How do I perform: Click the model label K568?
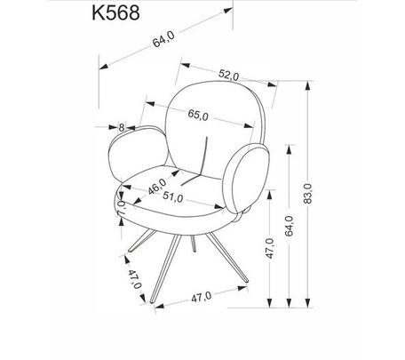[115, 12]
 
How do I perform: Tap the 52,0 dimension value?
[228, 75]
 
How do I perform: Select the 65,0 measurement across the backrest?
[198, 115]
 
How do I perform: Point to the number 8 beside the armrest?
[122, 127]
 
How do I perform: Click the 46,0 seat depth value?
[157, 187]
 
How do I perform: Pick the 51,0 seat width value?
[173, 197]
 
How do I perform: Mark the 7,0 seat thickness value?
[122, 208]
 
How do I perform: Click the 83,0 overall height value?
[308, 193]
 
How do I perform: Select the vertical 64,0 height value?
[290, 226]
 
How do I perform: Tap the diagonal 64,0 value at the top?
[163, 39]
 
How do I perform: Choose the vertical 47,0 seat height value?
[270, 248]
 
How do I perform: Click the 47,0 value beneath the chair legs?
[202, 297]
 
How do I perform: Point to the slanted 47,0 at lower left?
[135, 279]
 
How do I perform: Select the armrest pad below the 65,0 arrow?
[246, 178]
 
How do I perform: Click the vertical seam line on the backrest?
[205, 156]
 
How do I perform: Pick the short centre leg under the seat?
[194, 244]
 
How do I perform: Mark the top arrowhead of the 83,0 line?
[308, 85]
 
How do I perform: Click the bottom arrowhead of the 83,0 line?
[308, 302]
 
